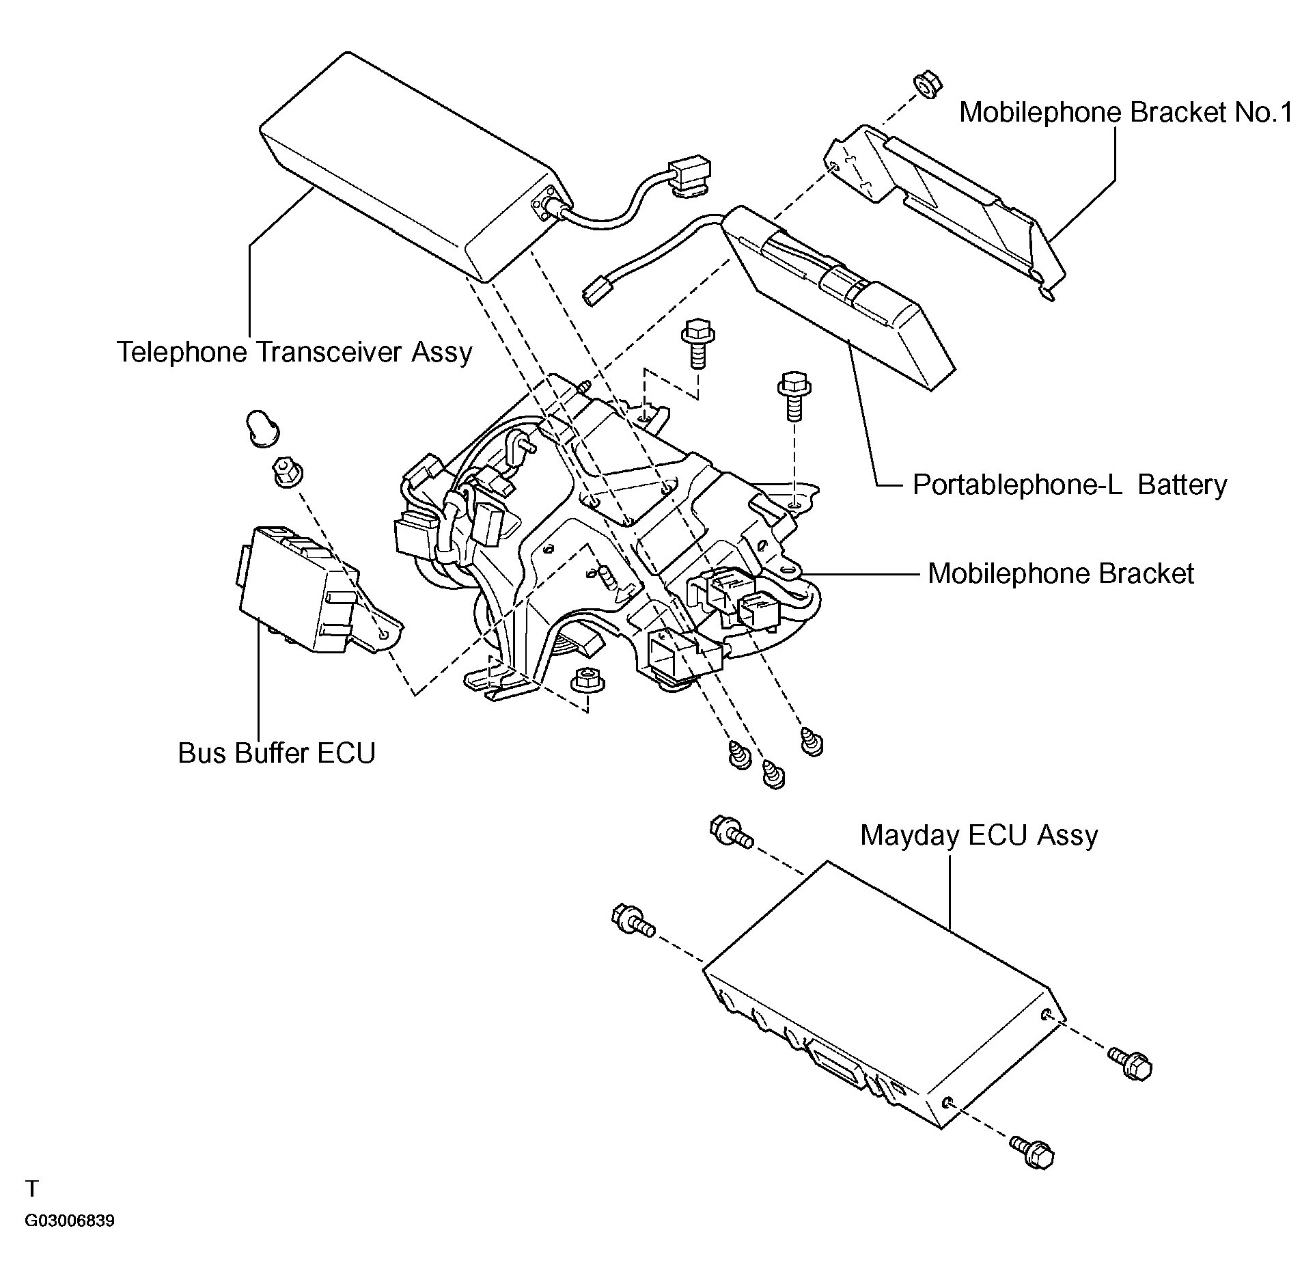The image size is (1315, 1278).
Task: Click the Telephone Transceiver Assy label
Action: (x=294, y=352)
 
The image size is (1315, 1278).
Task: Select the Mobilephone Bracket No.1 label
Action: (x=1126, y=112)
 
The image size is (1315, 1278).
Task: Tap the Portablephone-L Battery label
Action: (x=1070, y=485)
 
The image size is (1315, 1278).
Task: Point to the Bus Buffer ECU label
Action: (x=277, y=753)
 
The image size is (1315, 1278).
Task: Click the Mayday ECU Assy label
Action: (x=979, y=835)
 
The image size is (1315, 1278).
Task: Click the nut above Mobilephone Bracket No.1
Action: (x=928, y=87)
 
